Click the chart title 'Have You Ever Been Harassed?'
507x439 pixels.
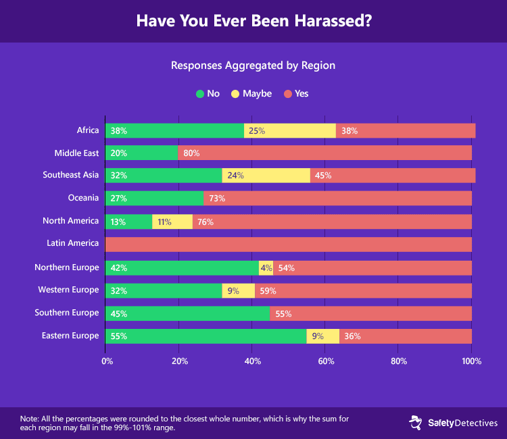[254, 21]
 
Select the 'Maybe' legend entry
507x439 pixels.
[257, 94]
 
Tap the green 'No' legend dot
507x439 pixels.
[200, 94]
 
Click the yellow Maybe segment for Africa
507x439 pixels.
[290, 130]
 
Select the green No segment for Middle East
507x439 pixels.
[141, 153]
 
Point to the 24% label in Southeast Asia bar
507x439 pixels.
[233, 176]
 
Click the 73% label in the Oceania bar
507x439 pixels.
[217, 199]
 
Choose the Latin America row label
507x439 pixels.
[73, 243]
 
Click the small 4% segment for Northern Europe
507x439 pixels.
[266, 267]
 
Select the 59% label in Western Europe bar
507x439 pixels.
[268, 290]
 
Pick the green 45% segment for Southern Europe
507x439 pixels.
[187, 313]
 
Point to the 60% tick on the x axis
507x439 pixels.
[326, 361]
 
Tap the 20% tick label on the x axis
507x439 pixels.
[179, 361]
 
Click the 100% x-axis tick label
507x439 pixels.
[471, 361]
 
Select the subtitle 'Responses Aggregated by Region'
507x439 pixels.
[254, 66]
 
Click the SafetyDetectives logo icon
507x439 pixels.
[415, 423]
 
